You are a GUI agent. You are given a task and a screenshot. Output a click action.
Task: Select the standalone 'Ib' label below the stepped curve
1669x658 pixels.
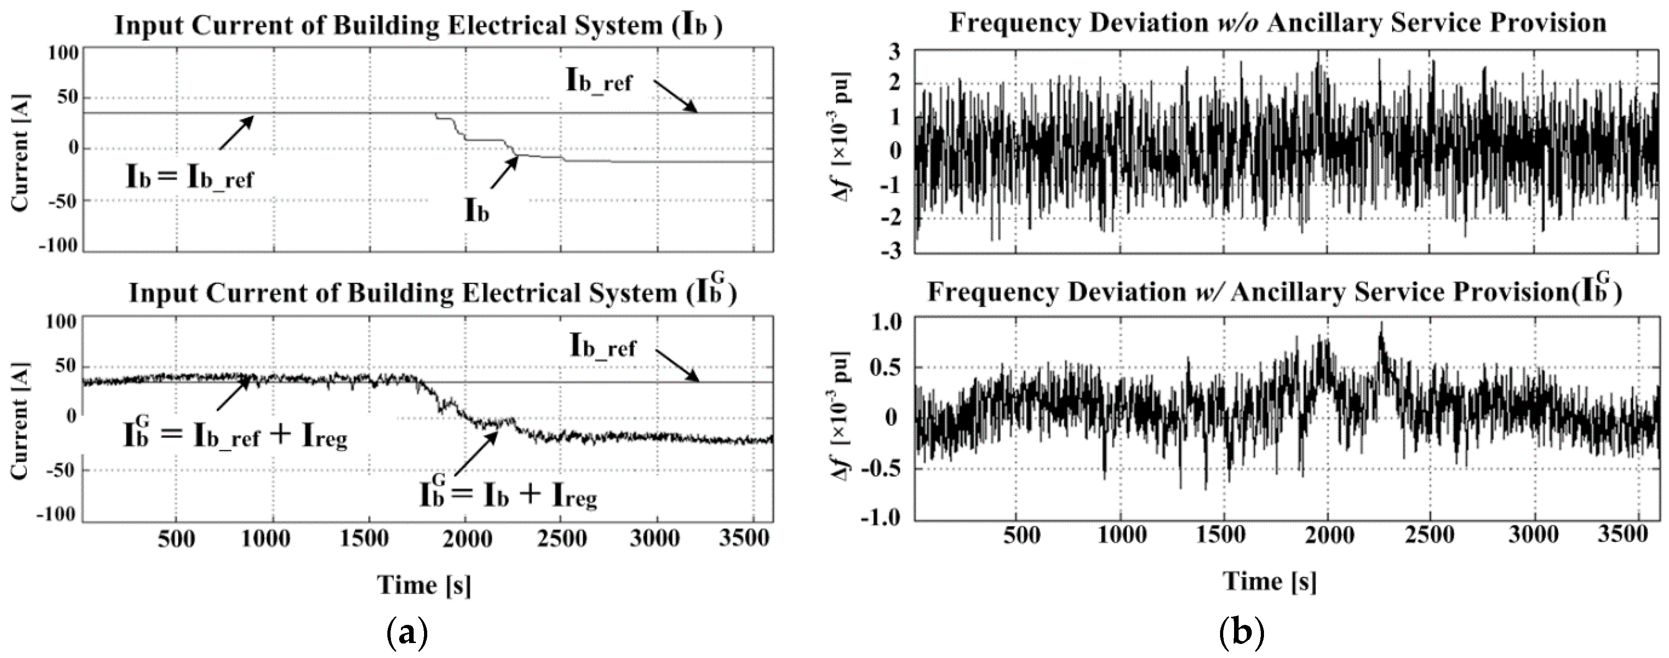[x=477, y=211]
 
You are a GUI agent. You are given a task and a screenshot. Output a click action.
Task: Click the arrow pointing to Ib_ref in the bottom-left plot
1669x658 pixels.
[x=677, y=366]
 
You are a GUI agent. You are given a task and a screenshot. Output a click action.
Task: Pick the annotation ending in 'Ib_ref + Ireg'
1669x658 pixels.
[x=235, y=435]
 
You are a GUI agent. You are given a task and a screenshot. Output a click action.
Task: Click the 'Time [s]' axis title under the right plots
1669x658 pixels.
[x=1270, y=581]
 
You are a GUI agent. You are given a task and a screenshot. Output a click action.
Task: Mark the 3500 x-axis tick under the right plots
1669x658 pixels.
[x=1625, y=536]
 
